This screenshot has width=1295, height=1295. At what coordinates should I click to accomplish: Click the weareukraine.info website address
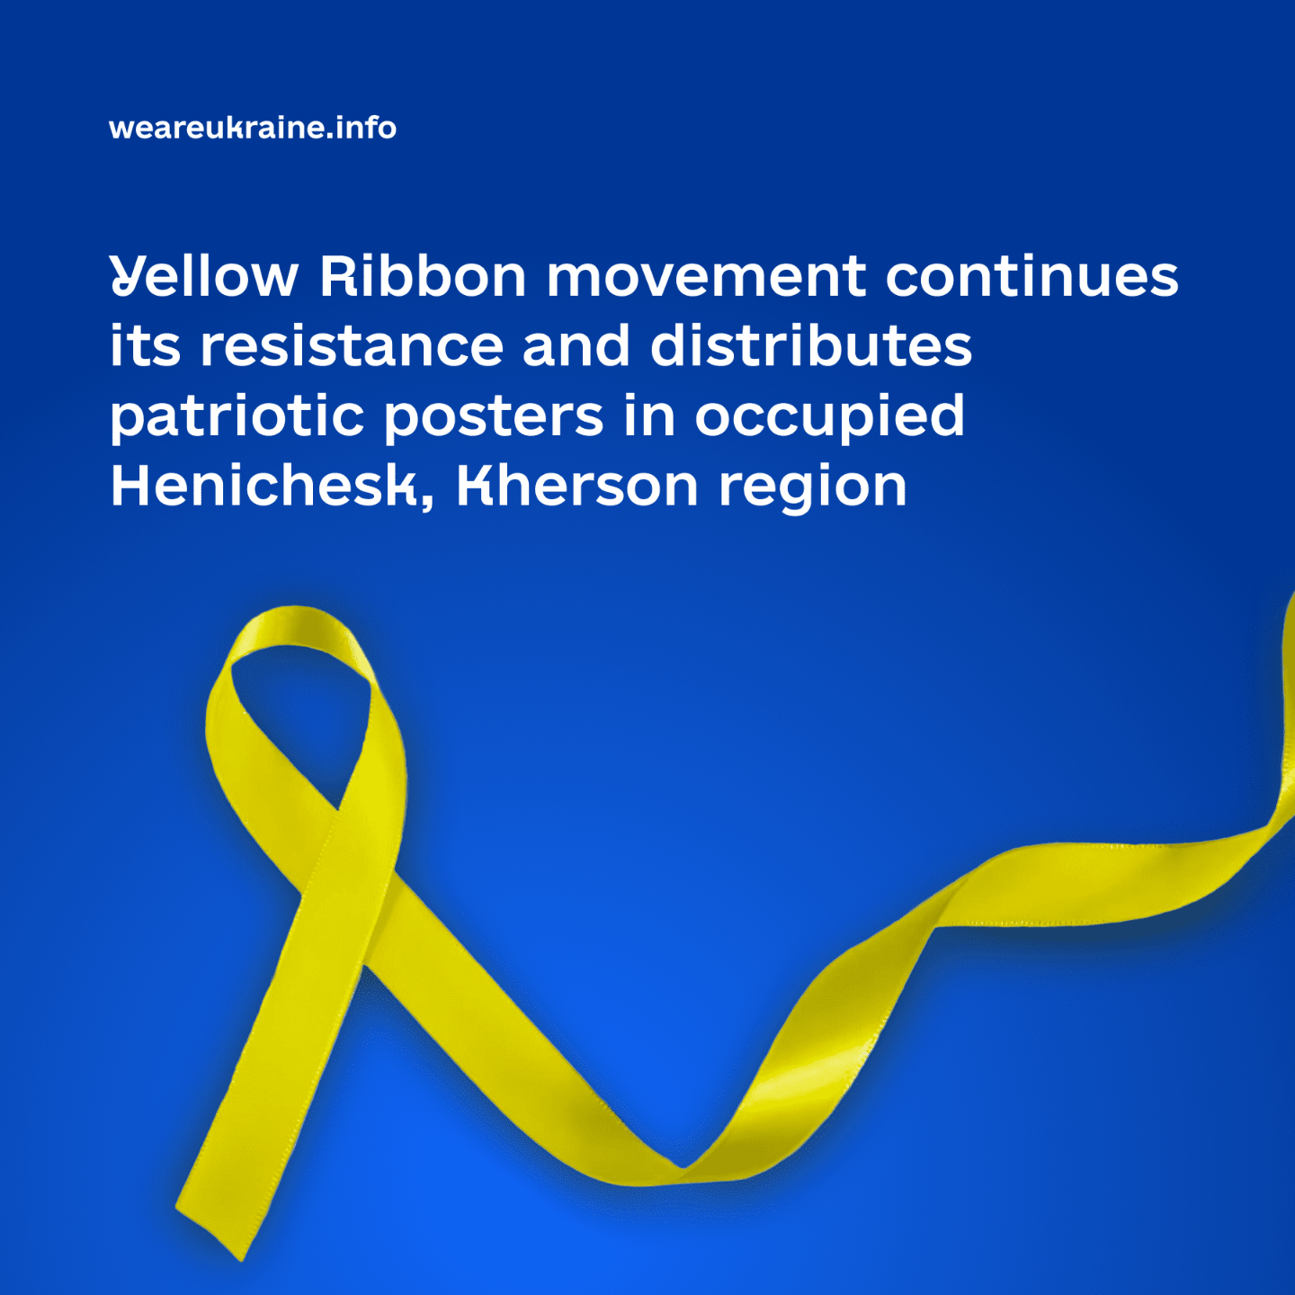pos(253,128)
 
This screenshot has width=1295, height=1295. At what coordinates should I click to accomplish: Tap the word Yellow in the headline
pos(203,276)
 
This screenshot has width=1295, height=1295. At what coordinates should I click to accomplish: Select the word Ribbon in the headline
pos(423,275)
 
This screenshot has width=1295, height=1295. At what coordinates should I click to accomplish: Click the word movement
pos(706,277)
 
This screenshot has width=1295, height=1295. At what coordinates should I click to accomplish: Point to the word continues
pos(1032,275)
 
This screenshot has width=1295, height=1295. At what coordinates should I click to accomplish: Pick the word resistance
pos(353,346)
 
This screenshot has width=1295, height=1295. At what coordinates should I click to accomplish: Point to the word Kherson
pos(577,486)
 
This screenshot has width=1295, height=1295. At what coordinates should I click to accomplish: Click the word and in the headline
pos(576,345)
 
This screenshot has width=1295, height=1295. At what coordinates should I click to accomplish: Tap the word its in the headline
pos(145,345)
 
